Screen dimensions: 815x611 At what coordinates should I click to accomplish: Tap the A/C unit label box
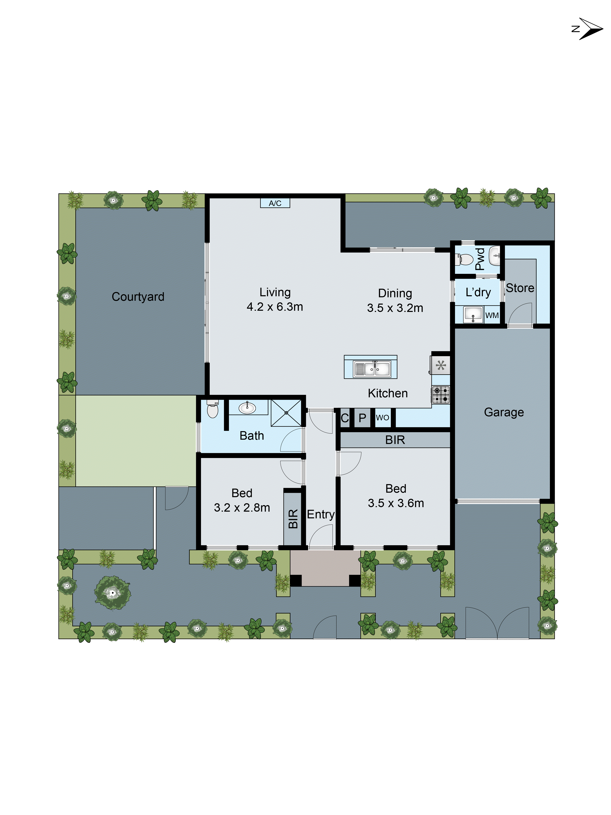pos(275,203)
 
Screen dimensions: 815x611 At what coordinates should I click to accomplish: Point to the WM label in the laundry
pos(492,315)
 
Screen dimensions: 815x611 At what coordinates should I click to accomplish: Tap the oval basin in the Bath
pos(247,408)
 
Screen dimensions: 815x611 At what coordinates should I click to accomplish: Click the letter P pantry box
pos(362,418)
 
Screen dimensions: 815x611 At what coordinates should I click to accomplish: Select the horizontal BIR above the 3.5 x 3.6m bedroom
pos(395,439)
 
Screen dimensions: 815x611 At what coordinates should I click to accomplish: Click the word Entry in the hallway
pos(320,514)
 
